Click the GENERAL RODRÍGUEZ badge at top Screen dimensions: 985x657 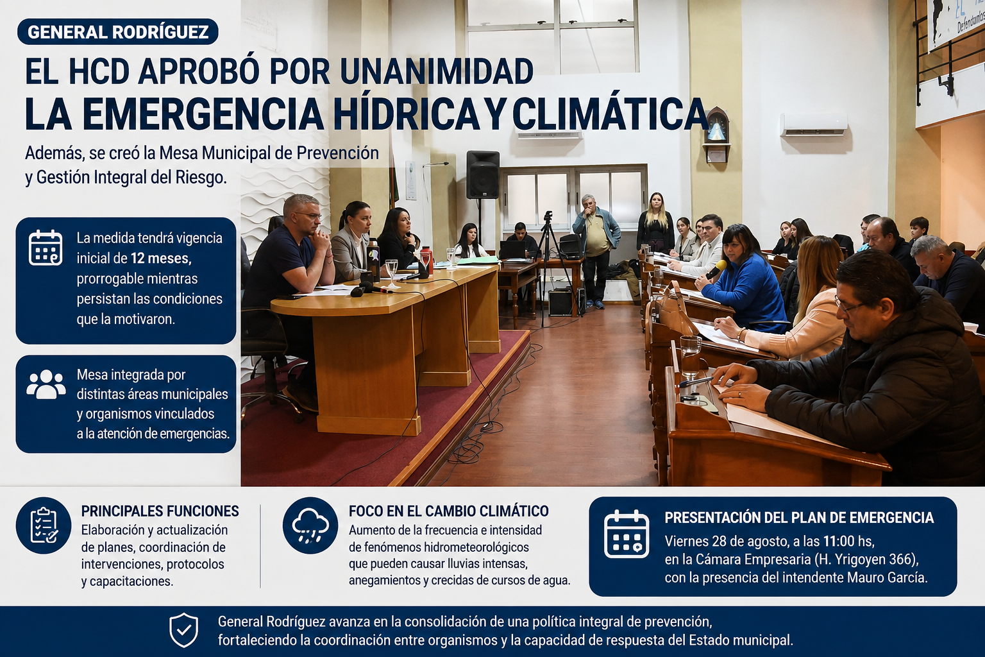[118, 31]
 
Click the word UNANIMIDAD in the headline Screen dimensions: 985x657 [436, 71]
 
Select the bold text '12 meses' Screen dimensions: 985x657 [161, 258]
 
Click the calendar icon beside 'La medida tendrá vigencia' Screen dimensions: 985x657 [46, 247]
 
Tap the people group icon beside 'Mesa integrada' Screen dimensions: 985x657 [46, 384]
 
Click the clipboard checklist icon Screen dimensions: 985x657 [44, 525]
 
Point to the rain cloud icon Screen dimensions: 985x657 [310, 525]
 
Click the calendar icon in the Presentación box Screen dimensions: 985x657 [626, 534]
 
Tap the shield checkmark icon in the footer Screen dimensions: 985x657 [184, 630]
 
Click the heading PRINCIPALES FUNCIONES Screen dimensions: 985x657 [160, 511]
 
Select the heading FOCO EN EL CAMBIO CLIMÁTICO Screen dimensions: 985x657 [448, 511]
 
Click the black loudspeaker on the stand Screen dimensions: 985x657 [483, 175]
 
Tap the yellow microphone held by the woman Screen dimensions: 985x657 [716, 268]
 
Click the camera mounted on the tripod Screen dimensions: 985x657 [548, 216]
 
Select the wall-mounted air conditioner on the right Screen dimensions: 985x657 [814, 124]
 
